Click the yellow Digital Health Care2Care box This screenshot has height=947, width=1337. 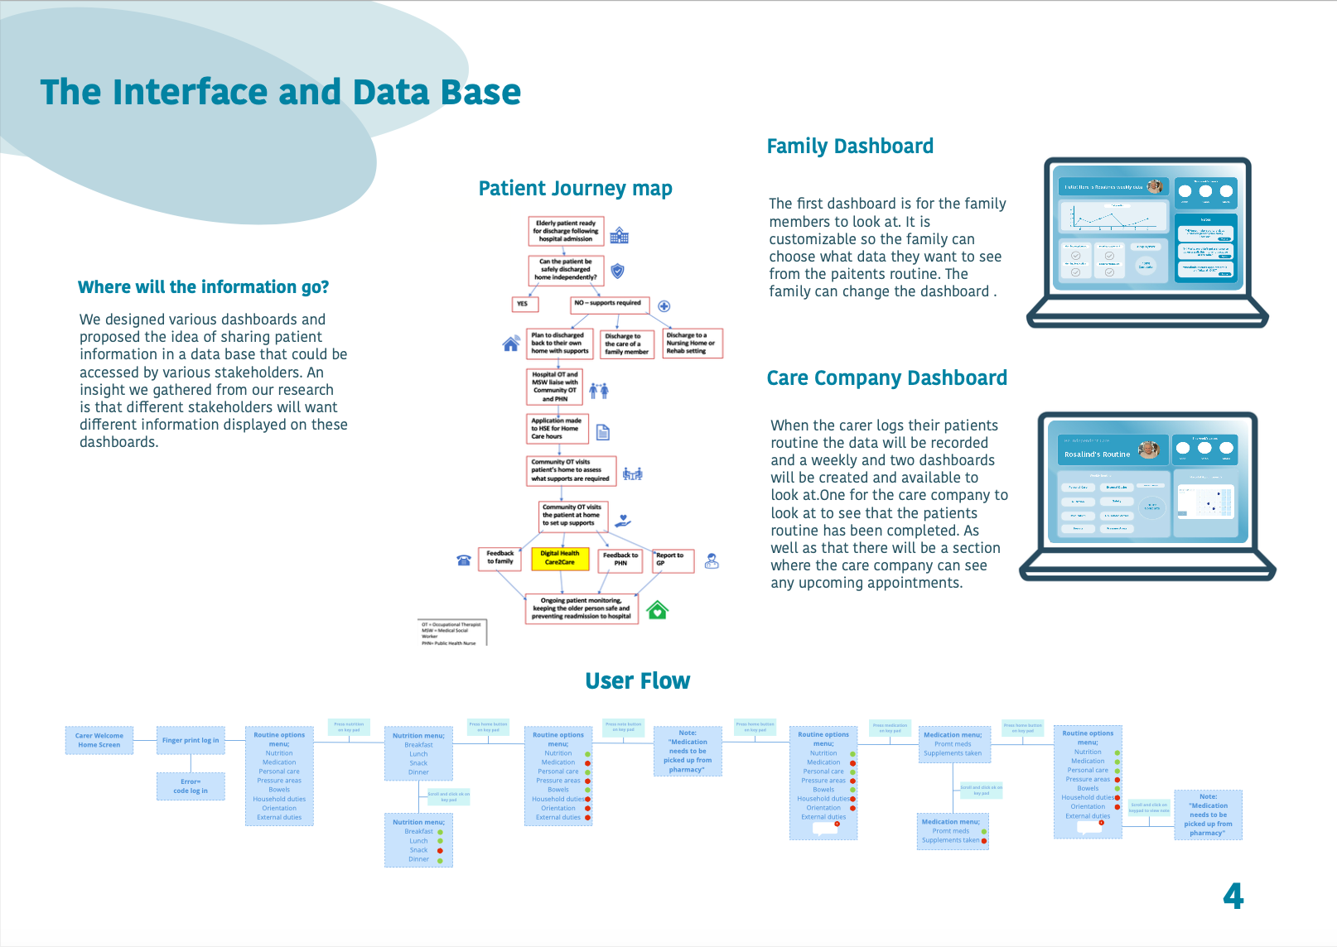pyautogui.click(x=559, y=559)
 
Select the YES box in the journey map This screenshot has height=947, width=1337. pyautogui.click(x=524, y=304)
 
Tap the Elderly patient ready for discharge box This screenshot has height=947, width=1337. pyautogui.click(x=566, y=231)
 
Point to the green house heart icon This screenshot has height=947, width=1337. pyautogui.click(x=657, y=611)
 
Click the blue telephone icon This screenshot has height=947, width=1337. pyautogui.click(x=464, y=560)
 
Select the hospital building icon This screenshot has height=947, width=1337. pyautogui.click(x=619, y=236)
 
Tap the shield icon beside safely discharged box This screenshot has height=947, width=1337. pyautogui.click(x=617, y=271)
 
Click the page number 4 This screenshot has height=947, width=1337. pyautogui.click(x=1233, y=896)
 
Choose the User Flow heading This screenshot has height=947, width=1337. pyautogui.click(x=637, y=680)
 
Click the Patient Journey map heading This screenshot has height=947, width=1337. pyautogui.click(x=575, y=189)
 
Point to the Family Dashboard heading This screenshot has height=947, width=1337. pyautogui.click(x=850, y=147)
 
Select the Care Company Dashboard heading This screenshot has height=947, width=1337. pyautogui.click(x=886, y=378)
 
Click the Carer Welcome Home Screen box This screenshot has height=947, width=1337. pyautogui.click(x=99, y=740)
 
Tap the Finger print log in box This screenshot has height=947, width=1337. pyautogui.click(x=191, y=740)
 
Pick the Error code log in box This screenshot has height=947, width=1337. pyautogui.click(x=191, y=786)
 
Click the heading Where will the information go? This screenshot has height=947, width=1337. pyautogui.click(x=203, y=287)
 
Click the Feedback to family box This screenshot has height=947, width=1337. pyautogui.click(x=500, y=558)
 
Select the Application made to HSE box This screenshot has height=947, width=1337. pyautogui.click(x=557, y=429)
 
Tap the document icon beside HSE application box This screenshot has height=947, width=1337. pyautogui.click(x=603, y=432)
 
